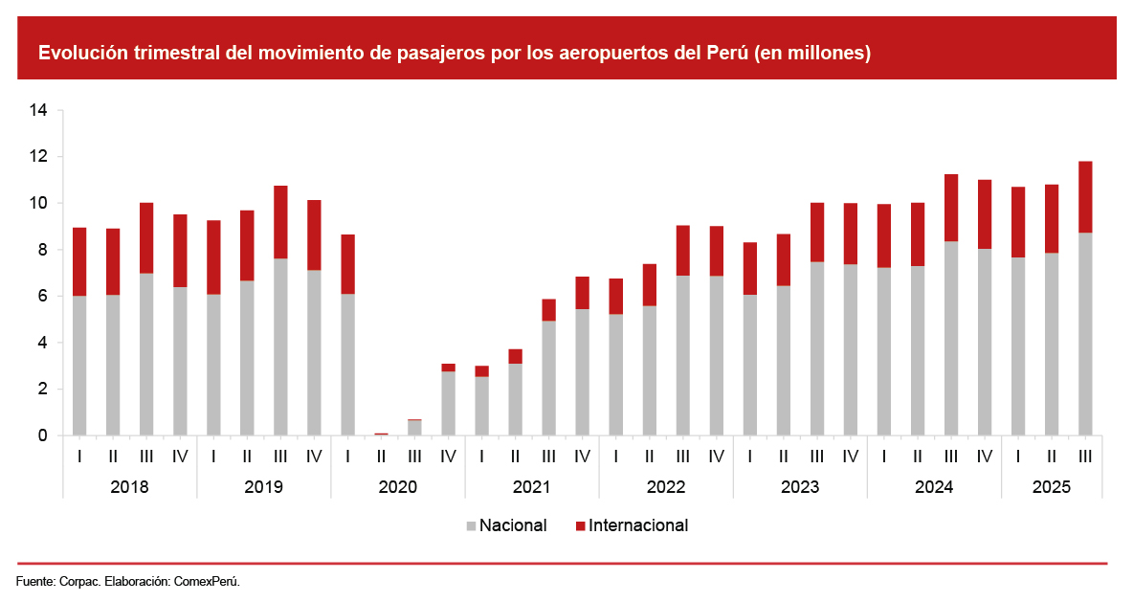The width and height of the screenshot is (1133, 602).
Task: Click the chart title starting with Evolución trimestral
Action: (x=454, y=54)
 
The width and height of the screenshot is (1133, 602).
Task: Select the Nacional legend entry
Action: (x=513, y=525)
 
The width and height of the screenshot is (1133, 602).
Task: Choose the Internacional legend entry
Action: (x=637, y=525)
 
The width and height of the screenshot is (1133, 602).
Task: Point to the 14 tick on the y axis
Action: (x=38, y=110)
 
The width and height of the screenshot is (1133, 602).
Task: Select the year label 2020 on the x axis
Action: (x=397, y=487)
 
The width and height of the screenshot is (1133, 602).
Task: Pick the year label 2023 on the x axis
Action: (x=799, y=487)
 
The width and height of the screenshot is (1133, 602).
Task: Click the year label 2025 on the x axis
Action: (x=1051, y=487)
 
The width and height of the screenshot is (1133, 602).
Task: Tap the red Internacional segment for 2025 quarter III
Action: (x=1084, y=197)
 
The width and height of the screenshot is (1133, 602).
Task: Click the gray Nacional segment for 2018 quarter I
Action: (x=79, y=366)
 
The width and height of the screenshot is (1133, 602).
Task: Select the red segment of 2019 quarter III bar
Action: (x=280, y=222)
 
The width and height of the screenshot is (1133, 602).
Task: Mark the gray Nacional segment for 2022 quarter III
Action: (x=682, y=355)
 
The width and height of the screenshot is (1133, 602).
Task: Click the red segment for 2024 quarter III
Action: (x=950, y=208)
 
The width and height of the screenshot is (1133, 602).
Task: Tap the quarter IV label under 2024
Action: (x=984, y=457)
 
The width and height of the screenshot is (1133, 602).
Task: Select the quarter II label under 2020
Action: (x=381, y=457)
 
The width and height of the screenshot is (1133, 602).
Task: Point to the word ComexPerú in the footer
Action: (x=206, y=581)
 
